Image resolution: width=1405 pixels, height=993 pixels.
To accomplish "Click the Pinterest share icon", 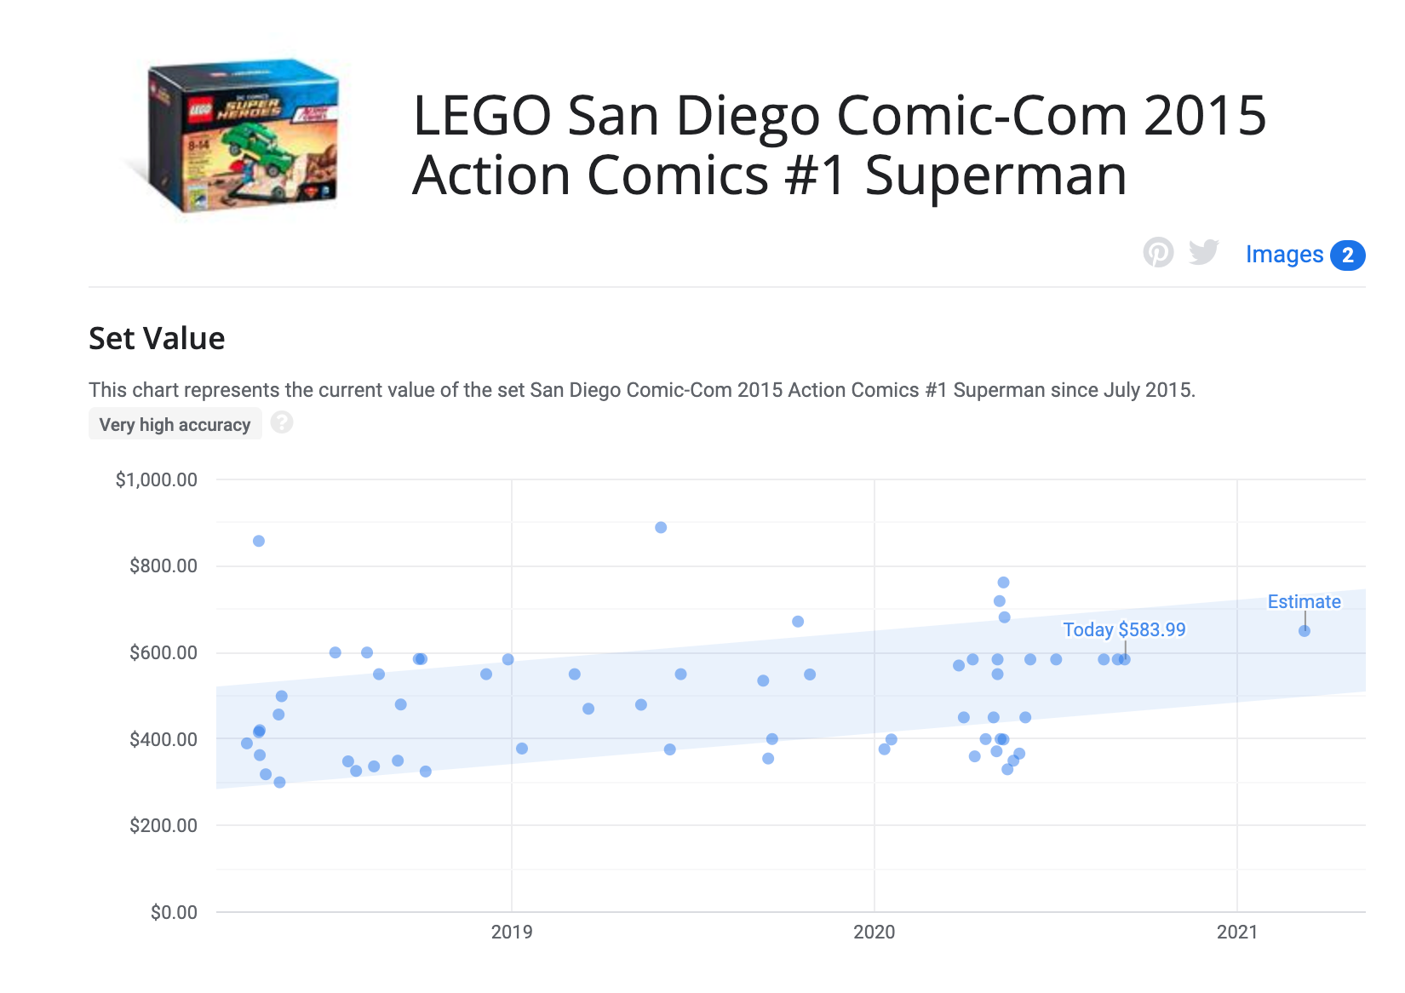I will [x=1158, y=252].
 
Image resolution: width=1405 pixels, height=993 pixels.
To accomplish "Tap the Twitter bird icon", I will [x=1204, y=252].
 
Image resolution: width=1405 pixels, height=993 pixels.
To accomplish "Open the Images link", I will [x=1284, y=255].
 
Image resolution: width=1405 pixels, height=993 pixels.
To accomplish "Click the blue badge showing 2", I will [x=1348, y=255].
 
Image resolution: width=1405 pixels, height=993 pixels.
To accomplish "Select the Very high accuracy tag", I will [x=175, y=424].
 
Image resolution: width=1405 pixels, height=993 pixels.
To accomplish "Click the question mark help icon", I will [x=282, y=422].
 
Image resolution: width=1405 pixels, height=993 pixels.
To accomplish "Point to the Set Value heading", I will [x=157, y=338].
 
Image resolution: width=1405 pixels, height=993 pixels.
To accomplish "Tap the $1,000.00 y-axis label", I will [x=157, y=479].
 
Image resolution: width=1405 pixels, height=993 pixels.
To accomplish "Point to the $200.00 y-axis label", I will [x=163, y=825].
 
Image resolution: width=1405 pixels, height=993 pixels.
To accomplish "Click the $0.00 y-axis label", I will [x=174, y=912].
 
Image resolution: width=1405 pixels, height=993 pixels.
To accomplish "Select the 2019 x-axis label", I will [x=512, y=932].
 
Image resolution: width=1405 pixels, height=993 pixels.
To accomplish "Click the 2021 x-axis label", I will [x=1236, y=932].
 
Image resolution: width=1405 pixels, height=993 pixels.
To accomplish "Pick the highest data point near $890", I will [x=661, y=527].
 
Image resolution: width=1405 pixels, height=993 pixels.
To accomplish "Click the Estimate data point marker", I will [x=1305, y=631].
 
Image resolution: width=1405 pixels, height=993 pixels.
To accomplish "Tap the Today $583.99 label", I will [x=1124, y=629].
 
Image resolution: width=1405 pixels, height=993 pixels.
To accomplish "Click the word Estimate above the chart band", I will [x=1304, y=601].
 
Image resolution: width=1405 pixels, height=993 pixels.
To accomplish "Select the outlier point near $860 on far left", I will [x=259, y=541].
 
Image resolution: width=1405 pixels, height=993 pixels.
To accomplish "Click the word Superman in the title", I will [x=995, y=175].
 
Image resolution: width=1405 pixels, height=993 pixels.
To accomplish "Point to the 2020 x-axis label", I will [x=874, y=932].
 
